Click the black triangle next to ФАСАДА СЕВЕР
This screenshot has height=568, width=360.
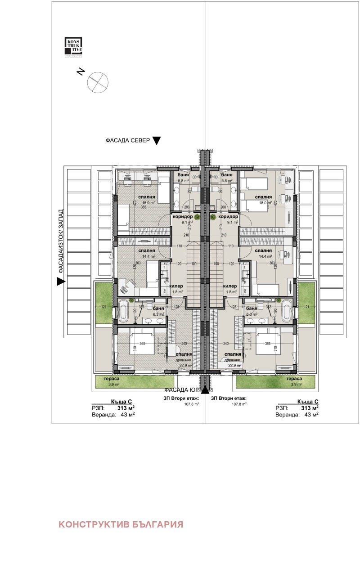click(156, 141)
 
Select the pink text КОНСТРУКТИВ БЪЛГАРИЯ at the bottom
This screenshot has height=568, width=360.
click(121, 524)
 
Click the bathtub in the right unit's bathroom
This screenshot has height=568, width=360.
click(287, 311)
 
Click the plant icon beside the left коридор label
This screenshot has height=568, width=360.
click(197, 217)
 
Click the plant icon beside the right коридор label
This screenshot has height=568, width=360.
click(213, 217)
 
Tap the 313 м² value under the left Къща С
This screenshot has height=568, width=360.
click(126, 408)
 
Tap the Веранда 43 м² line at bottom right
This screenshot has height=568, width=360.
click(297, 415)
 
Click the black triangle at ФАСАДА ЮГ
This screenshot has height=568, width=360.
click(205, 389)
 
